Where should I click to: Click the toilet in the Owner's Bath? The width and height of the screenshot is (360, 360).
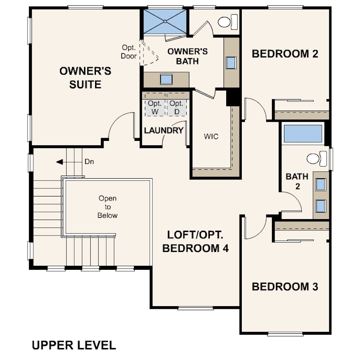point(228,22)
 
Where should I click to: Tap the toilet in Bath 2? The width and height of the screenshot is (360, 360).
point(316,158)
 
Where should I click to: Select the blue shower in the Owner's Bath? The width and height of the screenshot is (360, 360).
point(165,21)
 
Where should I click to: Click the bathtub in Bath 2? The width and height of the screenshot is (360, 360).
point(303,133)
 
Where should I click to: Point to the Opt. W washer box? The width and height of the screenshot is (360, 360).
point(155,108)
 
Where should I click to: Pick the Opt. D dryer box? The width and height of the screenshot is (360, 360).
point(176,108)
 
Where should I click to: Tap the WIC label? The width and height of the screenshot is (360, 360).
point(211,136)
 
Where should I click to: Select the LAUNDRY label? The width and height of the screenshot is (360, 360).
point(164,130)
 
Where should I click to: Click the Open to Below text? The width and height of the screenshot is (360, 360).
point(108,207)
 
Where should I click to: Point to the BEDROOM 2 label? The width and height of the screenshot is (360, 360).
point(285,54)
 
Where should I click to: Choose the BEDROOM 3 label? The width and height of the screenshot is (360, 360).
point(285,287)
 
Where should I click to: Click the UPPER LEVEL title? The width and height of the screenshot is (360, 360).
point(74,345)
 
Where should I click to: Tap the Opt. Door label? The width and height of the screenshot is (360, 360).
point(129,52)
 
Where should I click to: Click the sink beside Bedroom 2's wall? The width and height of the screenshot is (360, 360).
point(231,63)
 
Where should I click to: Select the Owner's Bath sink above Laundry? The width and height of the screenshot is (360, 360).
point(166,79)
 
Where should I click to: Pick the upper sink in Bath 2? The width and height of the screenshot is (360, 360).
point(320,184)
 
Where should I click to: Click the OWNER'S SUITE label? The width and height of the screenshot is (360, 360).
point(85,78)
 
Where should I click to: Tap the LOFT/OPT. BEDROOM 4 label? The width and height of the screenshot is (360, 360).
point(196,241)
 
